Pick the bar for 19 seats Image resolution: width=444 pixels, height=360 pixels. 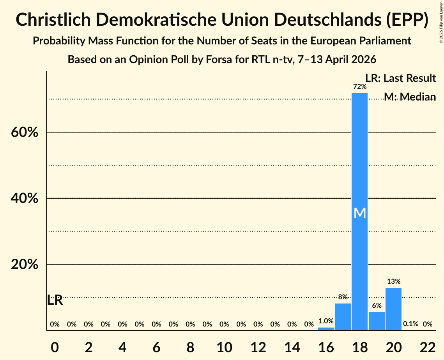(x=377, y=321)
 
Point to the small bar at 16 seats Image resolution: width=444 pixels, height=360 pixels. (x=325, y=329)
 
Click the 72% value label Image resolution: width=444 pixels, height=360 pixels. (x=359, y=86)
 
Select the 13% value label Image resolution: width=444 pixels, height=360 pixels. (x=393, y=281)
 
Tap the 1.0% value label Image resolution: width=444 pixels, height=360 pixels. (x=325, y=321)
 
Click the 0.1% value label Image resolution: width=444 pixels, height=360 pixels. (x=410, y=324)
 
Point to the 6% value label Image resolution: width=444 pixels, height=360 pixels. (x=377, y=305)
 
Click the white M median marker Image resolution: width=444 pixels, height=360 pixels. (x=359, y=213)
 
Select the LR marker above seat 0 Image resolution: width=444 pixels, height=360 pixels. (x=55, y=300)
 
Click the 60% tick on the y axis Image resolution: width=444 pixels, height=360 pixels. (x=24, y=132)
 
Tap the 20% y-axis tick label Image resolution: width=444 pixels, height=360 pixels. (x=24, y=265)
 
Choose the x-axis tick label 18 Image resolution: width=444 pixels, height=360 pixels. (x=359, y=347)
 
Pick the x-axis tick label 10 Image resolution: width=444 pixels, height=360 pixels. (x=224, y=347)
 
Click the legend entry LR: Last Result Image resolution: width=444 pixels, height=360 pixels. (x=400, y=78)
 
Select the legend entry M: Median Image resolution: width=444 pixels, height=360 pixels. (x=410, y=96)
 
